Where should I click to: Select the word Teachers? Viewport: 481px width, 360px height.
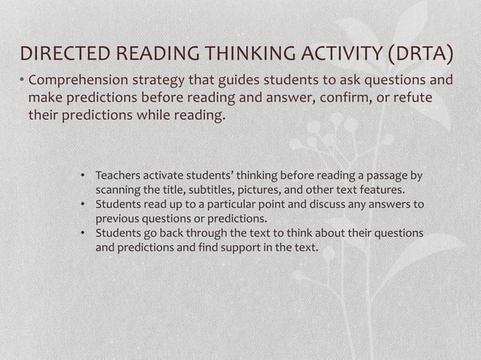click(118, 176)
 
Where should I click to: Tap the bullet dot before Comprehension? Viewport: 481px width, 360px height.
click(22, 81)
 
